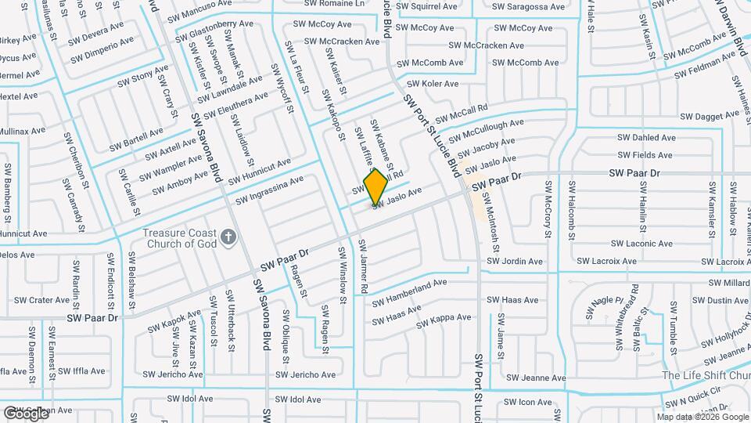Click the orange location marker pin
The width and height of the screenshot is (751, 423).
(376, 186)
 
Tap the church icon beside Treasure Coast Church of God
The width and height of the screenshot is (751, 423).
(228, 237)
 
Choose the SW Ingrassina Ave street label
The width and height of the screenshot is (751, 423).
(270, 190)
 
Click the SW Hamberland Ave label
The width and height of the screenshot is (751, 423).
(409, 292)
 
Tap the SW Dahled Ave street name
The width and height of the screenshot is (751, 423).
(646, 138)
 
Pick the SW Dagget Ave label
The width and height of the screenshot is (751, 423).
(706, 116)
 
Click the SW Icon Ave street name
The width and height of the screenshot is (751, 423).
(529, 403)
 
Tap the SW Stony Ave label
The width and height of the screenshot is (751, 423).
(138, 78)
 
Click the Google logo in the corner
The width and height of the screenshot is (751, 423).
(25, 413)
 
